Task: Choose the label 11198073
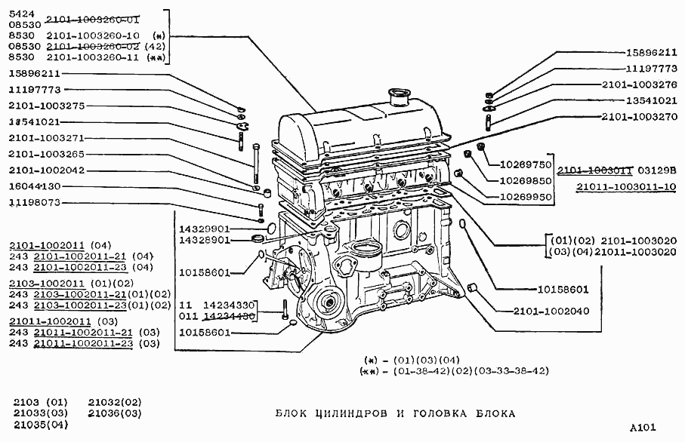pyautogui.click(x=35, y=202)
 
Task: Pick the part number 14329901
pyautogui.click(x=204, y=227)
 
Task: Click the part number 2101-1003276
pyautogui.click(x=640, y=84)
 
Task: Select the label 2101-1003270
pyautogui.click(x=640, y=117)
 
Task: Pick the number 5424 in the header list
pyautogui.click(x=21, y=13)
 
